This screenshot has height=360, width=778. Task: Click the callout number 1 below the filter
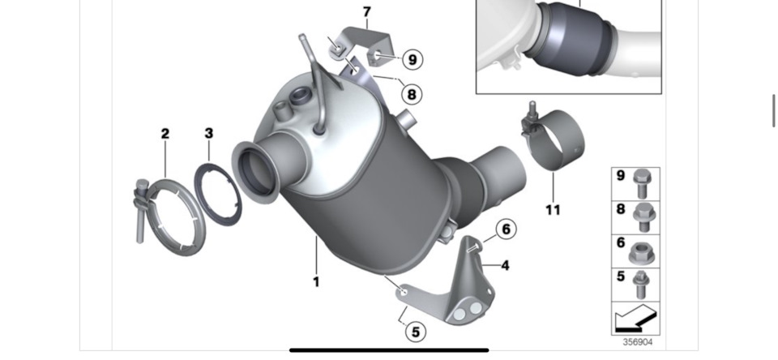pos(316,282)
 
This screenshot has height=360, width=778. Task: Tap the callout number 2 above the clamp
pos(165,134)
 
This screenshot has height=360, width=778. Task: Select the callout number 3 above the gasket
pos(208,132)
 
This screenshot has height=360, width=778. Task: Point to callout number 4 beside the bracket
pos(504,265)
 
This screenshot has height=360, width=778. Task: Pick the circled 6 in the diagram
pos(505,230)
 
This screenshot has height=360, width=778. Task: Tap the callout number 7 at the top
pos(366,12)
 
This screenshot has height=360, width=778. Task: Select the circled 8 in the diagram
pos(412,94)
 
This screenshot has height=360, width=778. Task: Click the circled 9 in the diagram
pos(412,59)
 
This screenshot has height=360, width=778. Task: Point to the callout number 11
pos(552,210)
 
